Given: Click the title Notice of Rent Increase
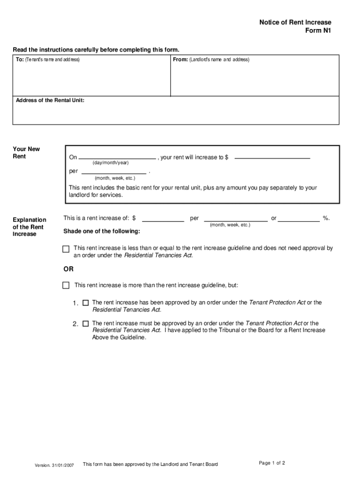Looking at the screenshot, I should click(x=295, y=22).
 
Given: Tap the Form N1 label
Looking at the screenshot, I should click(x=318, y=31).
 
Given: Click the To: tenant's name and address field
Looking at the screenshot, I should click(x=91, y=77).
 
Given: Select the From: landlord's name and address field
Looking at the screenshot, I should click(x=254, y=77).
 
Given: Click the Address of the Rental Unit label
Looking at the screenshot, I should click(x=50, y=100).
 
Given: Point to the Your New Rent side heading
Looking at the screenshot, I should click(x=26, y=153).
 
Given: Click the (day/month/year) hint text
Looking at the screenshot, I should click(x=110, y=162).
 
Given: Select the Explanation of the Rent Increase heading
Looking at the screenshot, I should click(x=29, y=226).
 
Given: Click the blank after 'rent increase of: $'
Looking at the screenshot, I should click(x=163, y=218).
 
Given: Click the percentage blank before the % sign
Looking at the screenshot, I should click(x=299, y=218).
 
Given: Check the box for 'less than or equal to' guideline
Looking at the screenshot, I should click(x=66, y=249).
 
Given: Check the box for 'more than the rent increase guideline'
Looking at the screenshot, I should click(x=66, y=285).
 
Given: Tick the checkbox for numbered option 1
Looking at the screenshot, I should click(x=86, y=303).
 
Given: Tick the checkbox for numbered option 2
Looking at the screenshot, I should click(x=86, y=323).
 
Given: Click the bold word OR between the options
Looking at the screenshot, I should click(x=69, y=269).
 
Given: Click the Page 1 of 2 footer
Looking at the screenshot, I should click(x=272, y=463).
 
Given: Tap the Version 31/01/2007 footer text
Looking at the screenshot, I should click(x=54, y=465).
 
